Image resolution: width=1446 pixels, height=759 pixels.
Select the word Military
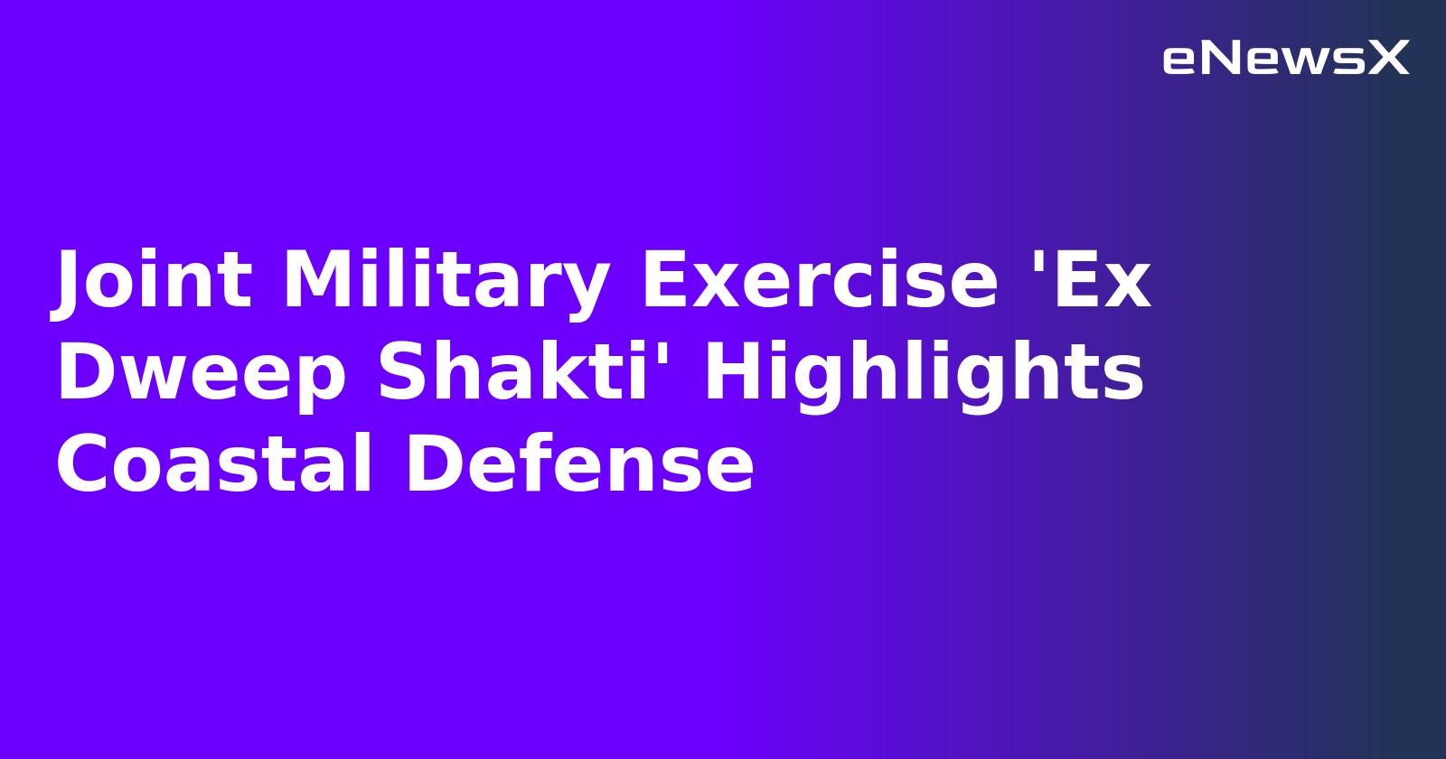pyautogui.click(x=446, y=281)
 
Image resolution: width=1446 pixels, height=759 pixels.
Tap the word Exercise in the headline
pyautogui.click(x=820, y=281)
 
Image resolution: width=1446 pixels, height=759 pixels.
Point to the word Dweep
pyautogui.click(x=201, y=373)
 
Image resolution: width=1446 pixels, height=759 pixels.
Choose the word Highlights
pyautogui.click(x=924, y=373)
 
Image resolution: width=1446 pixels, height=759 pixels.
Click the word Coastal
pyautogui.click(x=214, y=464)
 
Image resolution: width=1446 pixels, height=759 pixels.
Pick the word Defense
pyautogui.click(x=579, y=464)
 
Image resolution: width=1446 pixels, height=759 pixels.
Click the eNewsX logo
pyautogui.click(x=1285, y=59)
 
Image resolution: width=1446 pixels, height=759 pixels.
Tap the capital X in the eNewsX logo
pyautogui.click(x=1388, y=59)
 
